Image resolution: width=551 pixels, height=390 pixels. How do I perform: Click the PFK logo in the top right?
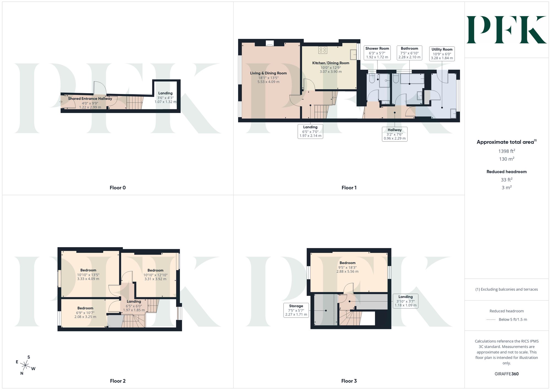[506, 30]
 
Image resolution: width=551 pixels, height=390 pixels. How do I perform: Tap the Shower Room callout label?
[377, 53]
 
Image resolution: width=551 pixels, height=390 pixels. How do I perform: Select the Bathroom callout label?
[409, 53]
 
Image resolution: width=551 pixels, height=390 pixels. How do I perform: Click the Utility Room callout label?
[442, 53]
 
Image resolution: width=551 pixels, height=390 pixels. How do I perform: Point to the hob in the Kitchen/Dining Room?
[323, 50]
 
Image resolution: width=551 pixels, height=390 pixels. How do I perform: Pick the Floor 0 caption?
[118, 188]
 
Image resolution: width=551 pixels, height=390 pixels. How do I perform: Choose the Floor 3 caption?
[349, 381]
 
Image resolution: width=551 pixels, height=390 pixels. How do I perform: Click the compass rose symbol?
[25, 366]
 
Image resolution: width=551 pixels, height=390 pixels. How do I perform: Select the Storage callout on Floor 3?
[296, 310]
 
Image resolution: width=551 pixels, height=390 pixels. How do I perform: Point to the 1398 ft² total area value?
[507, 151]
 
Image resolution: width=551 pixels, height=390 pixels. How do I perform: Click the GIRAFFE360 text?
[507, 374]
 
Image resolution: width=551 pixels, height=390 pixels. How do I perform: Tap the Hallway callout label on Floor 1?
[395, 134]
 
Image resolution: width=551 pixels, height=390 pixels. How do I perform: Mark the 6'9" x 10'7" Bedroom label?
[85, 313]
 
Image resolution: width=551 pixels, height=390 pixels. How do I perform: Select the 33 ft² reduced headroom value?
[507, 180]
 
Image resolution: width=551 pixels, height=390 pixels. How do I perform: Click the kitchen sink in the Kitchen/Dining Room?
[353, 55]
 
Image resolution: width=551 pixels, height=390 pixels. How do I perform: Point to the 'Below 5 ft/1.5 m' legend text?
[513, 319]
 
